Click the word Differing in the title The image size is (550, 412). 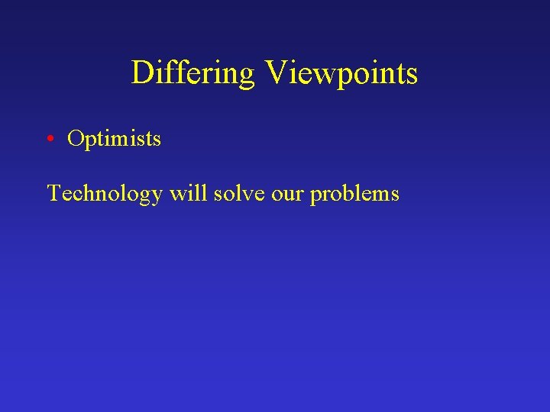pos(192,73)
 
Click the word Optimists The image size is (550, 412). pos(114,139)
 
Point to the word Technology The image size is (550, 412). pos(105,194)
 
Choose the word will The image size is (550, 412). pos(188,193)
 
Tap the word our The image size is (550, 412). pos(286,194)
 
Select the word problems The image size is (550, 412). pos(354,194)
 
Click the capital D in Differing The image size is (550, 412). pos(142,73)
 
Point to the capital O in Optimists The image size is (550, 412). pos(75,139)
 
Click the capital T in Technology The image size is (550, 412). pos(53,193)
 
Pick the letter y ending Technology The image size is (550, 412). pos(156,197)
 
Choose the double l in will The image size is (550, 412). pos(198,193)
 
